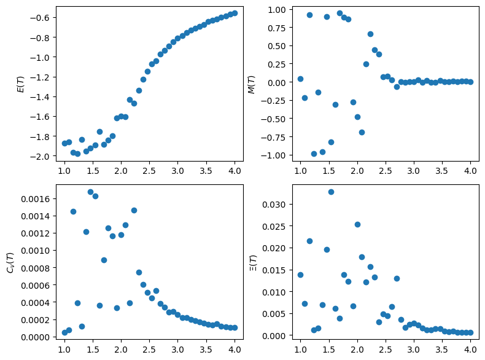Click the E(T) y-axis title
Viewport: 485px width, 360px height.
[20, 84]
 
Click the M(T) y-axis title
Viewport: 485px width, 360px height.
[250, 84]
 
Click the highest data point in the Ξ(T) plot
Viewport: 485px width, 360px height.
[331, 192]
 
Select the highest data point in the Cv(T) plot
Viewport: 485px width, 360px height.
[90, 192]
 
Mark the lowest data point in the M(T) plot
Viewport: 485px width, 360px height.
[314, 154]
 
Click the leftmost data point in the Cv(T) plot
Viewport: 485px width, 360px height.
[64, 332]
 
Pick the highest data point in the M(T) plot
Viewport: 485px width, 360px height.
[340, 13]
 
